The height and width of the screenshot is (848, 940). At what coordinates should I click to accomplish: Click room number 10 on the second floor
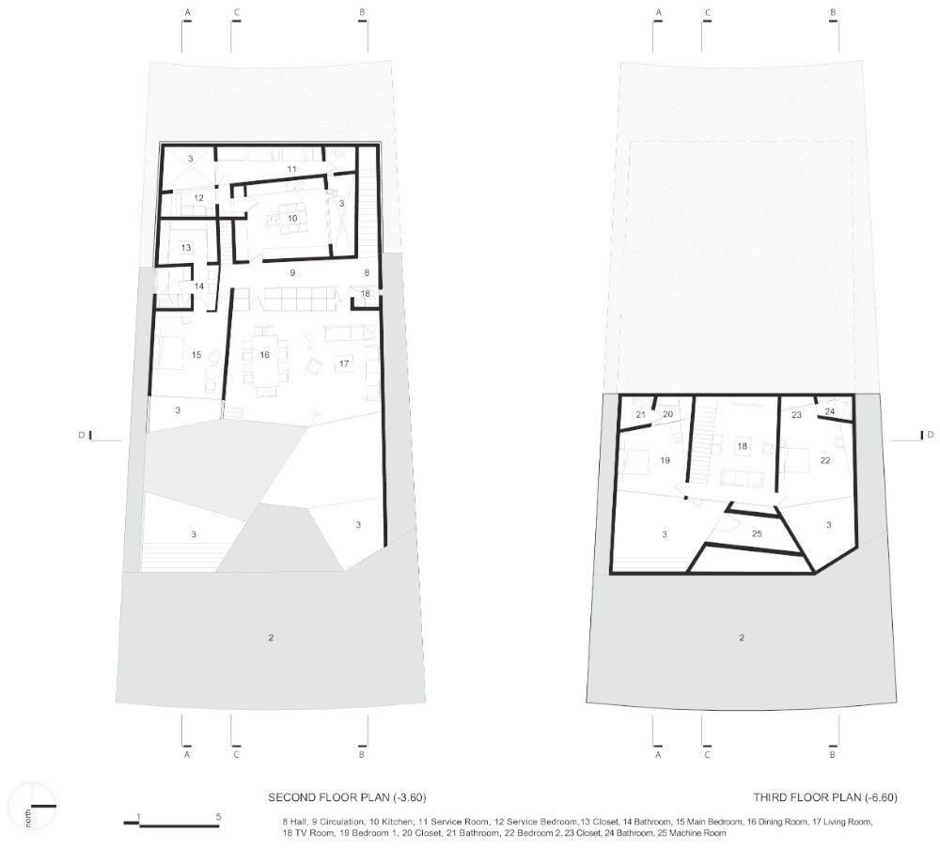tap(292, 218)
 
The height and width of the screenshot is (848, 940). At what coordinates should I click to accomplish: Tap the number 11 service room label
tap(291, 169)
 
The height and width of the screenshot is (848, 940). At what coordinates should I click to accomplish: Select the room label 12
tap(198, 197)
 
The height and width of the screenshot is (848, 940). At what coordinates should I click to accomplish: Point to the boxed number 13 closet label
tap(186, 247)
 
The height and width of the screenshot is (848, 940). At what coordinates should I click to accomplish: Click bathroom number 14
tap(199, 286)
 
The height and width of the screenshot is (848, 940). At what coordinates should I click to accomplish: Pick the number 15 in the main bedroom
tap(196, 355)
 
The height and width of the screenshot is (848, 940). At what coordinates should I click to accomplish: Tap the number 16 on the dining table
tap(264, 355)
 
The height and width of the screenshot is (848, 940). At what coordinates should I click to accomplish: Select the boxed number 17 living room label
tap(343, 363)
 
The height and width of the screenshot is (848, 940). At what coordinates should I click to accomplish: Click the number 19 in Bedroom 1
tap(665, 460)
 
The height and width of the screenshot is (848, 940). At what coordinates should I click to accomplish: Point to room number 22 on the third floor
tap(825, 460)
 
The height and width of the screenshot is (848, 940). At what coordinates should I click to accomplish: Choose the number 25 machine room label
tap(757, 533)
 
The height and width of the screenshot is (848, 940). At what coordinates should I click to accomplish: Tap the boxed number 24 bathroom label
tap(830, 411)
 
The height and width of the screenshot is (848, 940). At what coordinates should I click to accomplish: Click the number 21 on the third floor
tap(641, 414)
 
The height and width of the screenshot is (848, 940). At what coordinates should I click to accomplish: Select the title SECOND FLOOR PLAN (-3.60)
tap(347, 797)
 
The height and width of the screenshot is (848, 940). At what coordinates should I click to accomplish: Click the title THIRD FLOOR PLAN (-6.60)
tap(825, 797)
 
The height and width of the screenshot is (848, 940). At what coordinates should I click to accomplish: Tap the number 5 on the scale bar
tap(219, 816)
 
